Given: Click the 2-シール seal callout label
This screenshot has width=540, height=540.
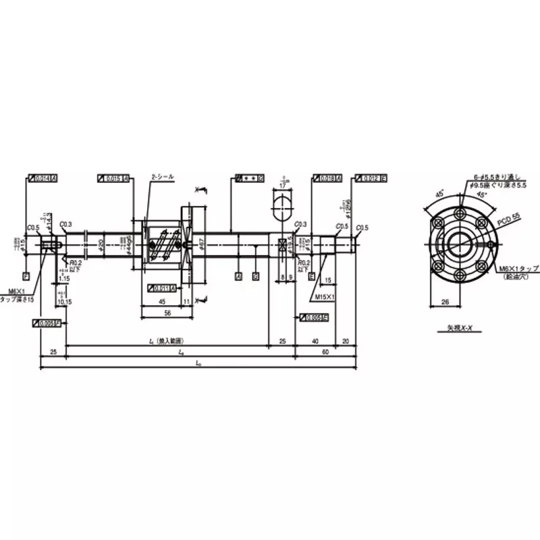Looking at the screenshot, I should click(163, 176).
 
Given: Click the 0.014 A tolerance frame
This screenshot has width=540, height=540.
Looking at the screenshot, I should click(43, 178).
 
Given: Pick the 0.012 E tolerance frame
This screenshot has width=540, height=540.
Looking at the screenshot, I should click(371, 178).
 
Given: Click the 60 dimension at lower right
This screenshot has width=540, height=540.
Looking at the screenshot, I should click(325, 352).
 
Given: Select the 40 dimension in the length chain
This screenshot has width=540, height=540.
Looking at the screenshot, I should click(315, 343).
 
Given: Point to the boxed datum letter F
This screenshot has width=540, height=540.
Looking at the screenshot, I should click(26, 276).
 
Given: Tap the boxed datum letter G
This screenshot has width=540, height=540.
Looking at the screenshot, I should click(255, 276).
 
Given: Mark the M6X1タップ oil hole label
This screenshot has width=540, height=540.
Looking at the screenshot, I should click(519, 272).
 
